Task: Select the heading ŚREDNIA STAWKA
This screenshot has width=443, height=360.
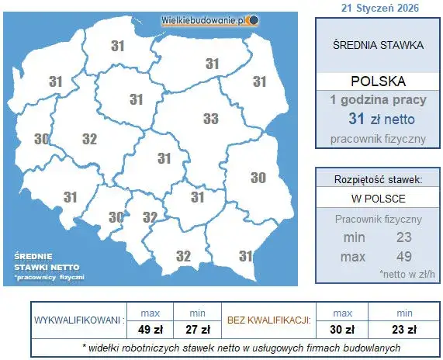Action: (377, 44)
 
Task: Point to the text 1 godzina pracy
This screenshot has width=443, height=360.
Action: (377, 101)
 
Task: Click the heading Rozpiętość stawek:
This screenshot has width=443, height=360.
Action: (378, 179)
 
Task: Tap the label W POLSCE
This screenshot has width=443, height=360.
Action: (377, 199)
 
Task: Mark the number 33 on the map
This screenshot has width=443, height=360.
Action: (210, 119)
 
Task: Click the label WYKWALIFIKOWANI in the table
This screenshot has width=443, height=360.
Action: (77, 320)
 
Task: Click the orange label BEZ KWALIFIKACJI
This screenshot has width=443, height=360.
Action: (268, 320)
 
